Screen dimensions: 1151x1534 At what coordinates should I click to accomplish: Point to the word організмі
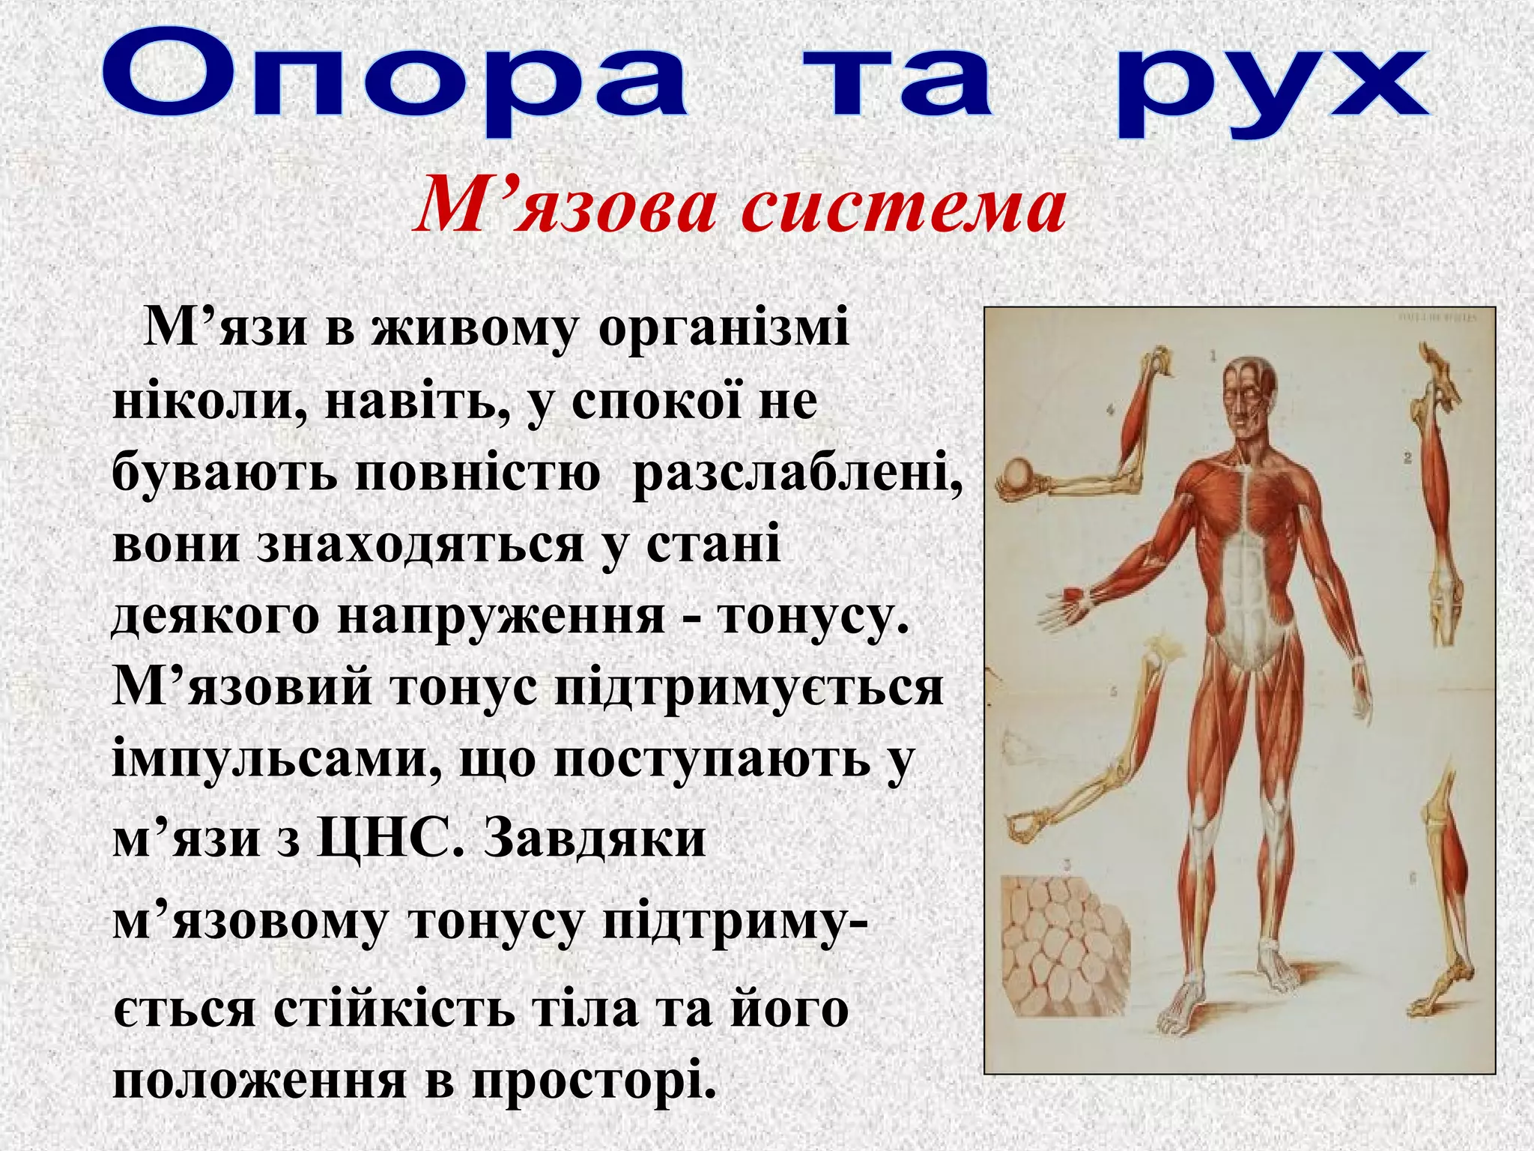(724, 330)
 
